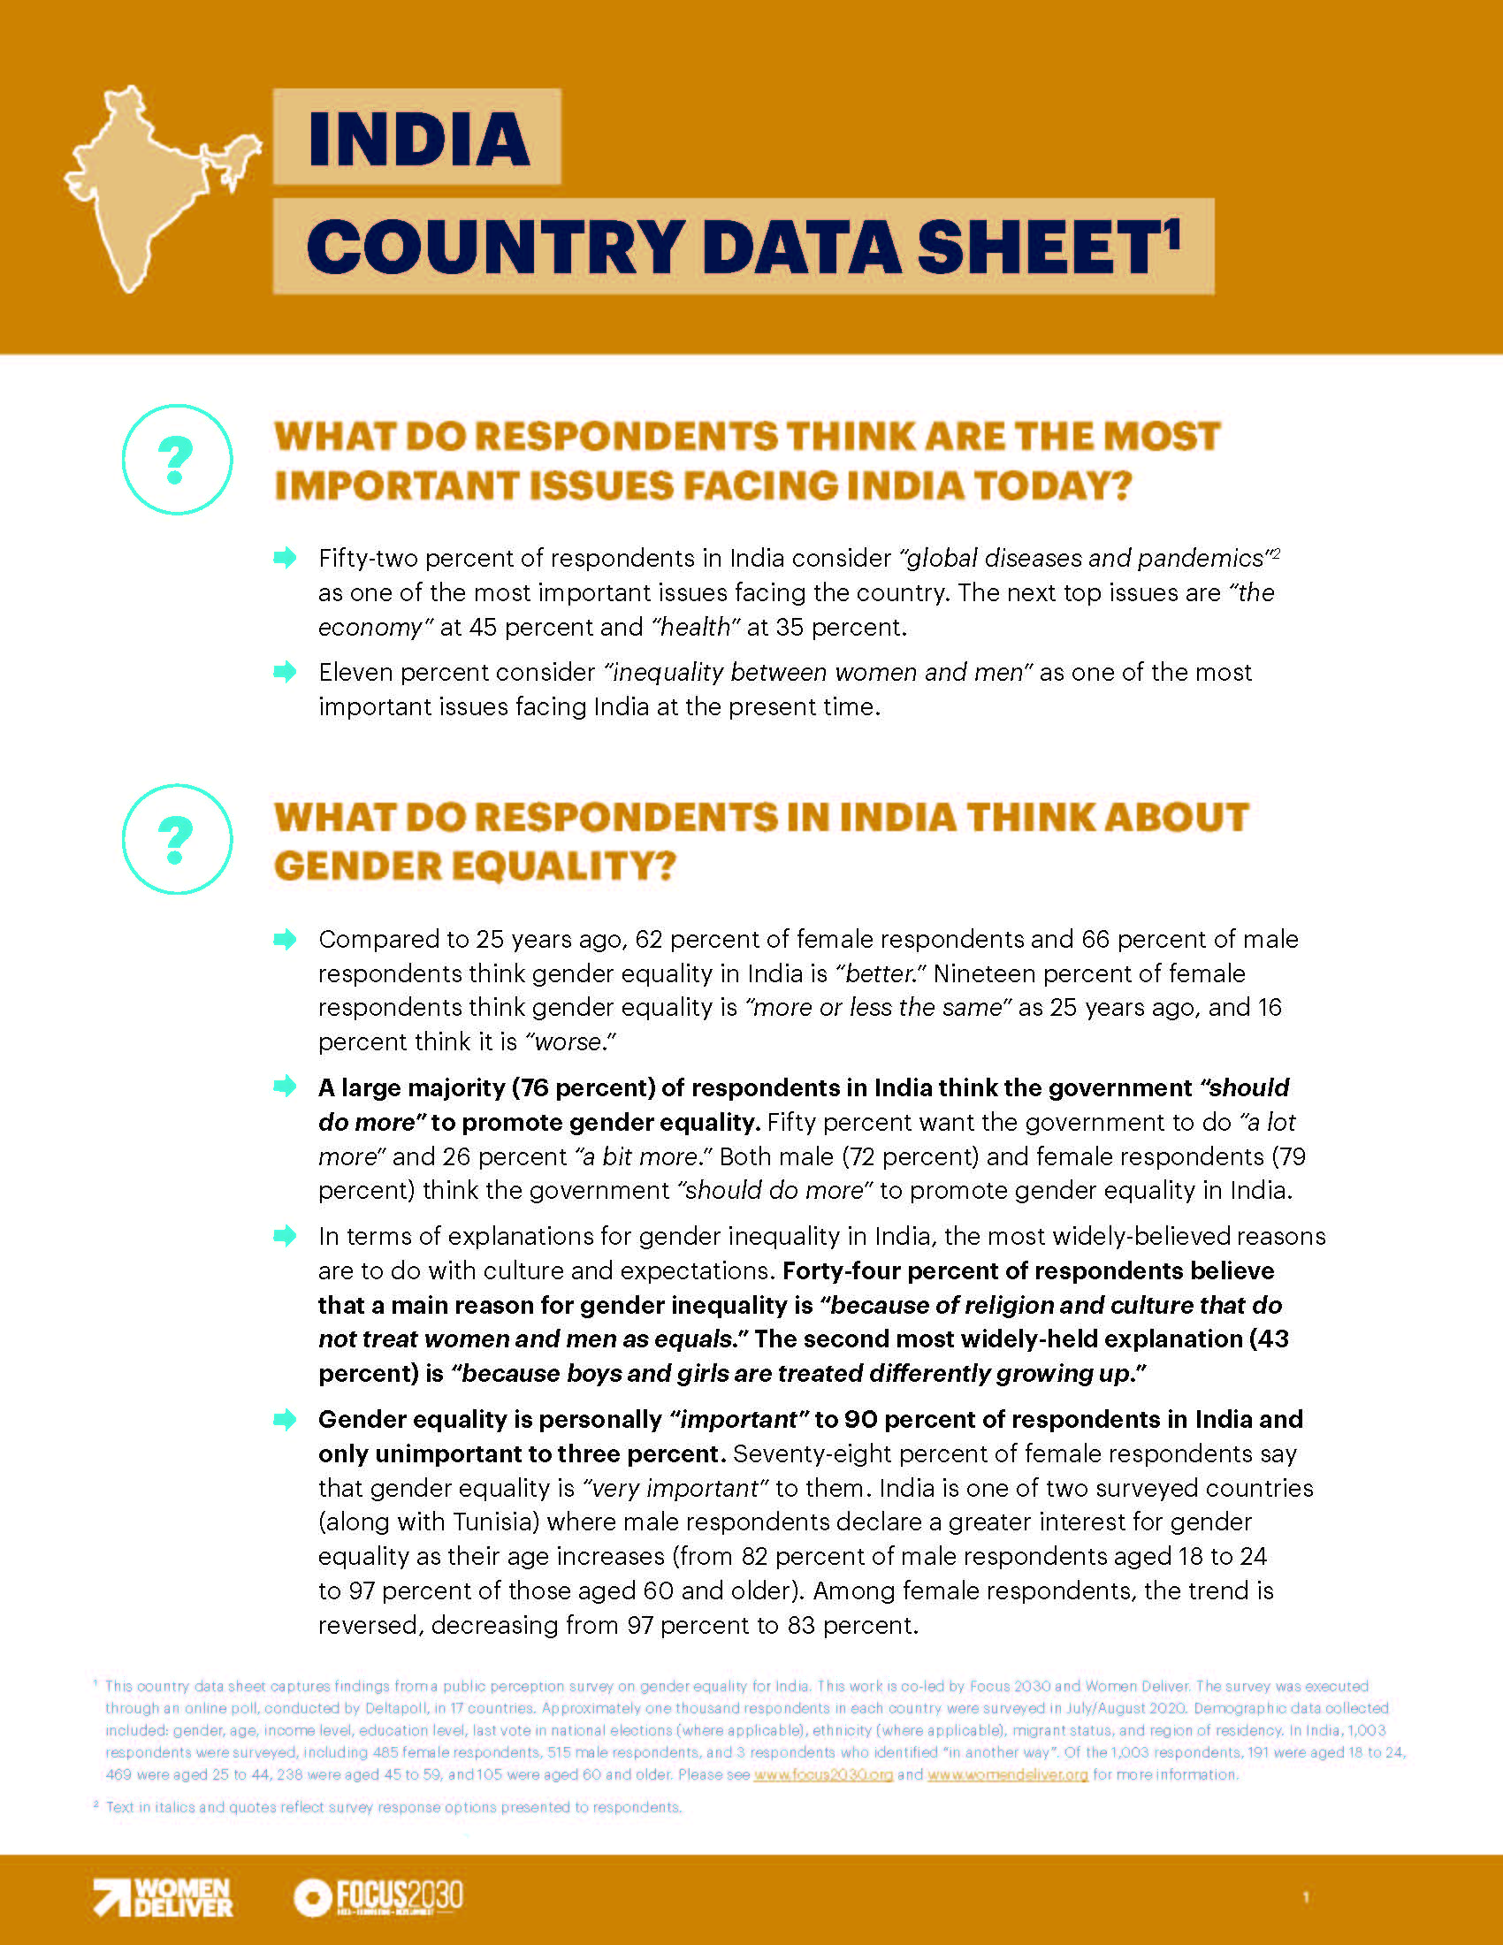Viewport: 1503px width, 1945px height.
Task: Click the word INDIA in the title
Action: point(417,139)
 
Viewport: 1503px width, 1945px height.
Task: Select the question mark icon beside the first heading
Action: point(176,460)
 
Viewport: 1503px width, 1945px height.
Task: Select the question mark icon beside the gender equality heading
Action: point(176,839)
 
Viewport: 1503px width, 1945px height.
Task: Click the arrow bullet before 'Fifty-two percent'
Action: point(285,559)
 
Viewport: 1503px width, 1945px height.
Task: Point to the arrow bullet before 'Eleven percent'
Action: point(285,672)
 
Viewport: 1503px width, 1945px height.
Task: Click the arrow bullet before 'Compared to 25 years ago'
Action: point(285,939)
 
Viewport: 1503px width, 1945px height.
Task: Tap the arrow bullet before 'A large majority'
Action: point(285,1087)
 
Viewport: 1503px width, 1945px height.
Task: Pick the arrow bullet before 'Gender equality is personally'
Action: point(285,1419)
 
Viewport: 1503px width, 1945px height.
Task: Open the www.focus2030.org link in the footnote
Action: point(823,1775)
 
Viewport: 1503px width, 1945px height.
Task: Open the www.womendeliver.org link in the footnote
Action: point(1007,1775)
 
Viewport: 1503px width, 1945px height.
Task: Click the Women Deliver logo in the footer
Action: point(164,1897)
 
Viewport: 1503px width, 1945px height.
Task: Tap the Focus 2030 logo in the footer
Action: point(378,1897)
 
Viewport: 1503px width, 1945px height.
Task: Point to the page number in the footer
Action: point(1305,1898)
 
